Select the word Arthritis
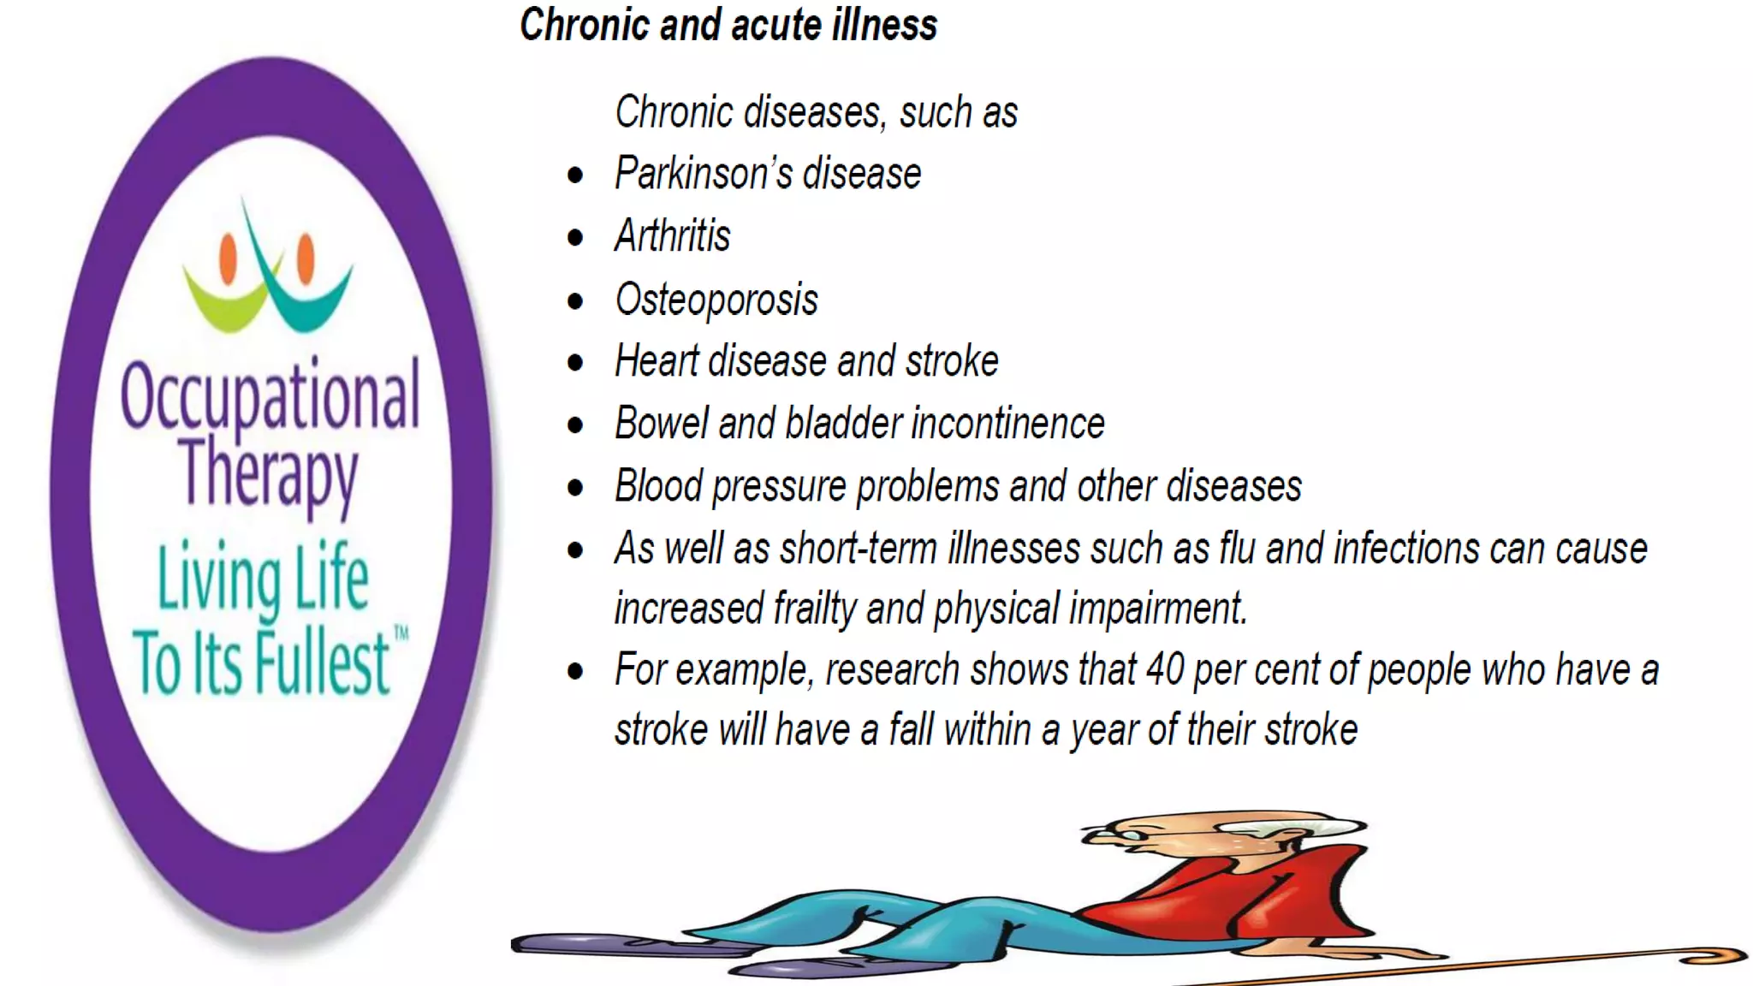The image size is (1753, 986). pyautogui.click(x=673, y=236)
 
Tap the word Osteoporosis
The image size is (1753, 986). pyautogui.click(x=716, y=300)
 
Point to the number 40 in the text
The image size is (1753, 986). pyautogui.click(x=1165, y=670)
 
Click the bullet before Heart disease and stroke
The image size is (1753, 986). pyautogui.click(x=575, y=363)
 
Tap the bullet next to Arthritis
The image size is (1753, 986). pyautogui.click(x=575, y=238)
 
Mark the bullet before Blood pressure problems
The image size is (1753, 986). pyautogui.click(x=575, y=488)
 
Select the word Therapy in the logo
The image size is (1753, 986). pyautogui.click(x=268, y=473)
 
